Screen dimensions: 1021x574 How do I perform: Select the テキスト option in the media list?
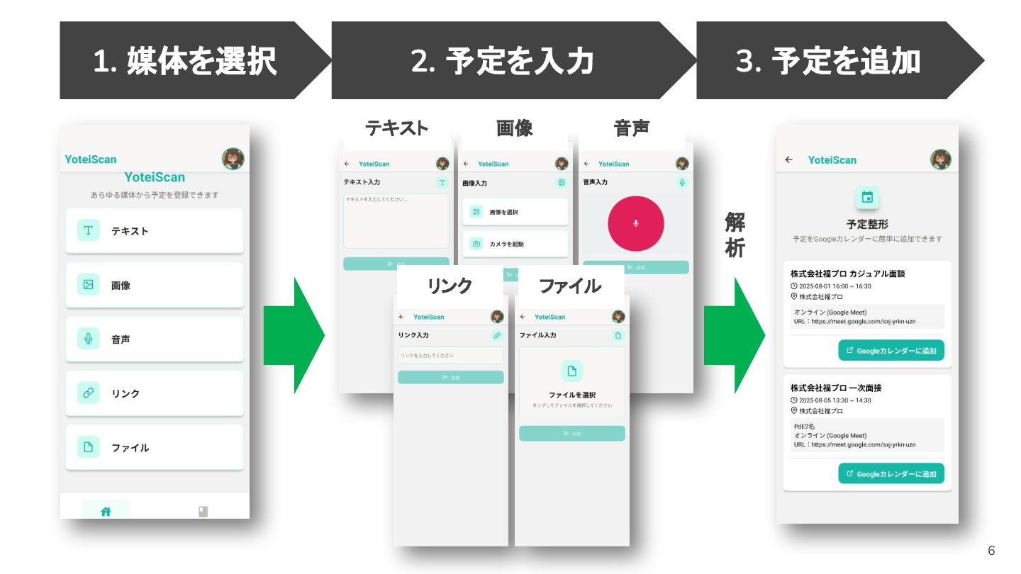pos(155,230)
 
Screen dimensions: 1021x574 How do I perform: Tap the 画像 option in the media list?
pos(155,285)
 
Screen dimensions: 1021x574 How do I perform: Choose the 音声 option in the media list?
pos(155,339)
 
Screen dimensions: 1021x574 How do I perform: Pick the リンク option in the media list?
pos(155,393)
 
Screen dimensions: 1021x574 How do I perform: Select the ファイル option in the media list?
pos(155,447)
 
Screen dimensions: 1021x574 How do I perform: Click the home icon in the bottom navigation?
pos(106,511)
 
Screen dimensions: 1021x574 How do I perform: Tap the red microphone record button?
pos(635,224)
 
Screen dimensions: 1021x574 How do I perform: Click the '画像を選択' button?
pos(515,212)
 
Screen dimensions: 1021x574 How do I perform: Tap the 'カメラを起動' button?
pos(515,244)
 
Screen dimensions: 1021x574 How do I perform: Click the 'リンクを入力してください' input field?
pos(450,355)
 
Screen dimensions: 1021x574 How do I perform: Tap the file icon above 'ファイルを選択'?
pos(571,371)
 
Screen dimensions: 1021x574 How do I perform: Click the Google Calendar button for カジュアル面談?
pos(891,350)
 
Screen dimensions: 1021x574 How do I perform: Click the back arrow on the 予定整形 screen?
pos(789,160)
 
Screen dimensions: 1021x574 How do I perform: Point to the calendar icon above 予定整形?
pos(866,198)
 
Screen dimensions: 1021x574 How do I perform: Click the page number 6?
pos(991,551)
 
